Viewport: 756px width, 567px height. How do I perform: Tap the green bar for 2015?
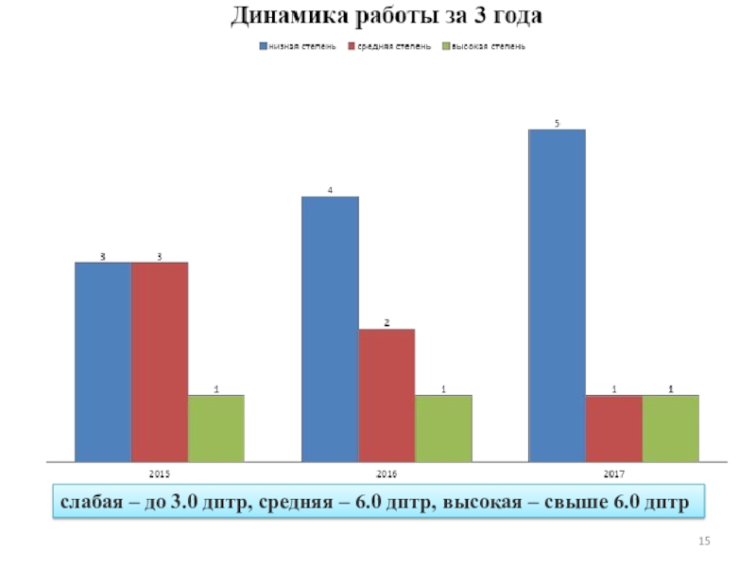coord(216,428)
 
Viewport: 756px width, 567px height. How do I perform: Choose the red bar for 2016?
coord(387,395)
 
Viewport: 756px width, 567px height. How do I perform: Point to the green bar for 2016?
coord(443,428)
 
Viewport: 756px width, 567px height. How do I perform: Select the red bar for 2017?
coord(614,428)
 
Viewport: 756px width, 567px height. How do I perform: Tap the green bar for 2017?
coord(671,428)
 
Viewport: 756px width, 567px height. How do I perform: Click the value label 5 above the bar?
coord(557,123)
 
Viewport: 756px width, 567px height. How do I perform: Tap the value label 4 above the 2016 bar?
coord(330,190)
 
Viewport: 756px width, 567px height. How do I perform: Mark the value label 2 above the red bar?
coord(387,322)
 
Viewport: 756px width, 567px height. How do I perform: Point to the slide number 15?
coord(703,540)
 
